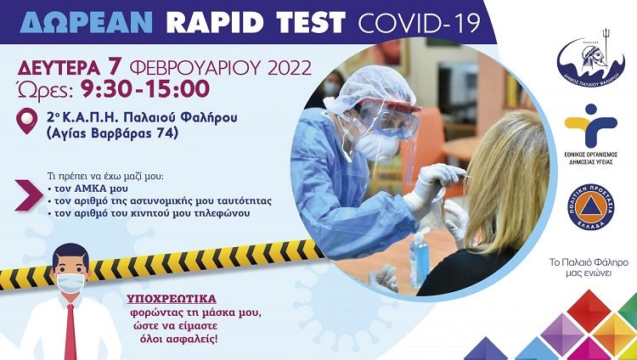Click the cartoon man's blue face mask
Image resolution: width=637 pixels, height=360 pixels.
tap(70, 283)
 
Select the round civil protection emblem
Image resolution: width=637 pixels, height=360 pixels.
tap(590, 204)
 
